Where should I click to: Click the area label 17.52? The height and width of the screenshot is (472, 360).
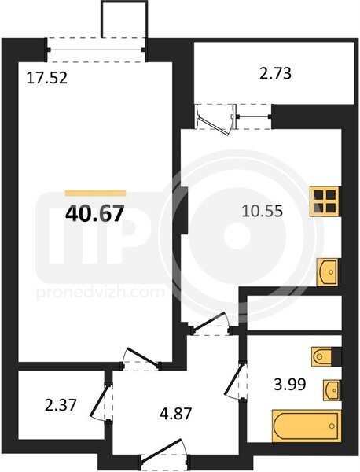(x=46, y=78)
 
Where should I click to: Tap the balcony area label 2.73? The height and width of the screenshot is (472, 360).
(x=275, y=73)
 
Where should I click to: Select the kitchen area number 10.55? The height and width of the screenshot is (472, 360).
(x=263, y=211)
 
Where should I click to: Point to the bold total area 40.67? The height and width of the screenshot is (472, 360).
(x=94, y=213)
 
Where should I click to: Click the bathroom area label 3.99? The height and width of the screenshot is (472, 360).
(x=289, y=385)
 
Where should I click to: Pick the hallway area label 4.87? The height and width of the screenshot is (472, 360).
(x=176, y=414)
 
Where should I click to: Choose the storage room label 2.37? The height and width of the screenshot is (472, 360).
(x=61, y=405)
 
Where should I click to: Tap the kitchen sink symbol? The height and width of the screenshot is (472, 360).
(x=328, y=272)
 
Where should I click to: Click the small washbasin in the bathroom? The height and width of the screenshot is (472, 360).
(x=332, y=390)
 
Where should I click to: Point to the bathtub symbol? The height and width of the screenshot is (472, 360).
(x=307, y=426)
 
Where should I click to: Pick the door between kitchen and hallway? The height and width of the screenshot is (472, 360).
(x=211, y=323)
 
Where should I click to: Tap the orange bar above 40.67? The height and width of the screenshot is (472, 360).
(x=95, y=193)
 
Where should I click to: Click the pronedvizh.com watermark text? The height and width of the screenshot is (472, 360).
(x=101, y=293)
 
